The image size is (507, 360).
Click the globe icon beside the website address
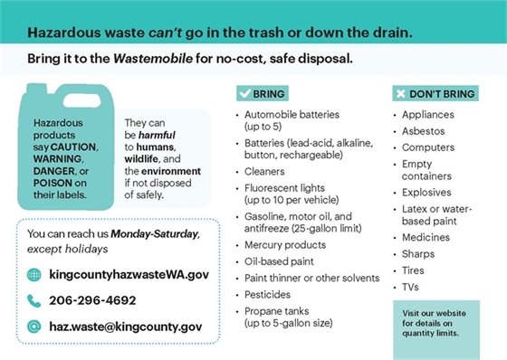point(33,275)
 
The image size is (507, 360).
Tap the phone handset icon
point(33,300)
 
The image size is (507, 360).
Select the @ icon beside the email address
point(33,326)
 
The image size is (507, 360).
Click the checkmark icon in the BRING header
point(244,93)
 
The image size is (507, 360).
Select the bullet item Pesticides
point(267,295)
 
